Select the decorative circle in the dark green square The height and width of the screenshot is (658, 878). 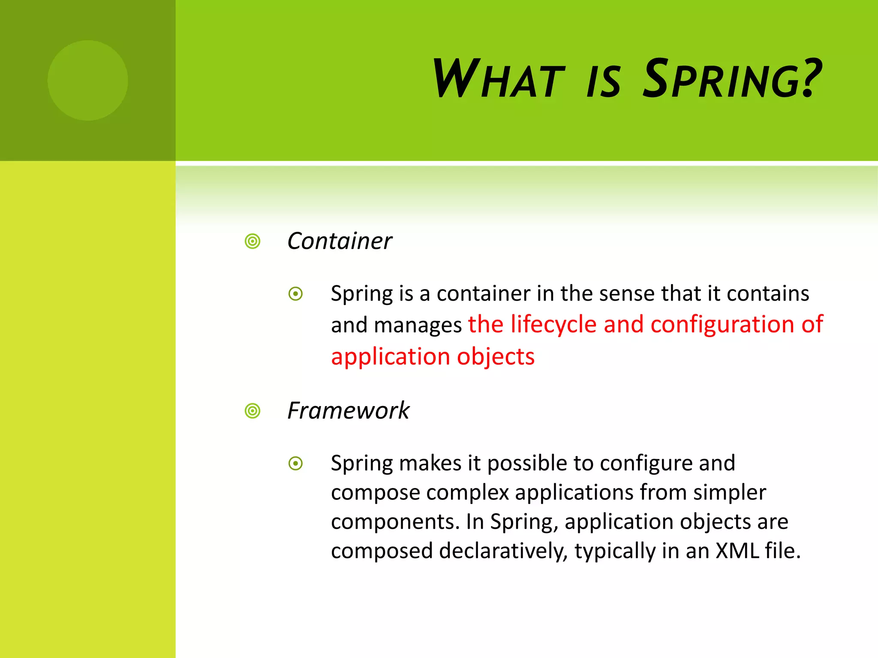[x=87, y=81]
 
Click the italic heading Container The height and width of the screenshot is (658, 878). [x=340, y=241]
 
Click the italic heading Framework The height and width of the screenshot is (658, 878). [x=348, y=411]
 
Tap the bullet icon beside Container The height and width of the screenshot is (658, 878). [x=253, y=242]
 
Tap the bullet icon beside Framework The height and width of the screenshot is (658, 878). [x=253, y=411]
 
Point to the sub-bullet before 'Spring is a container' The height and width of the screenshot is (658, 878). [x=296, y=294]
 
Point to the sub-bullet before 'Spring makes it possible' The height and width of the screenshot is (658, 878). [x=296, y=464]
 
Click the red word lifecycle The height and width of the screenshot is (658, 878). [x=553, y=325]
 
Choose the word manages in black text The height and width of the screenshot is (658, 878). [x=418, y=326]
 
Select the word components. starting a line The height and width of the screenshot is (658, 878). [x=395, y=522]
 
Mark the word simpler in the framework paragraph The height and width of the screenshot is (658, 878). [x=729, y=493]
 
